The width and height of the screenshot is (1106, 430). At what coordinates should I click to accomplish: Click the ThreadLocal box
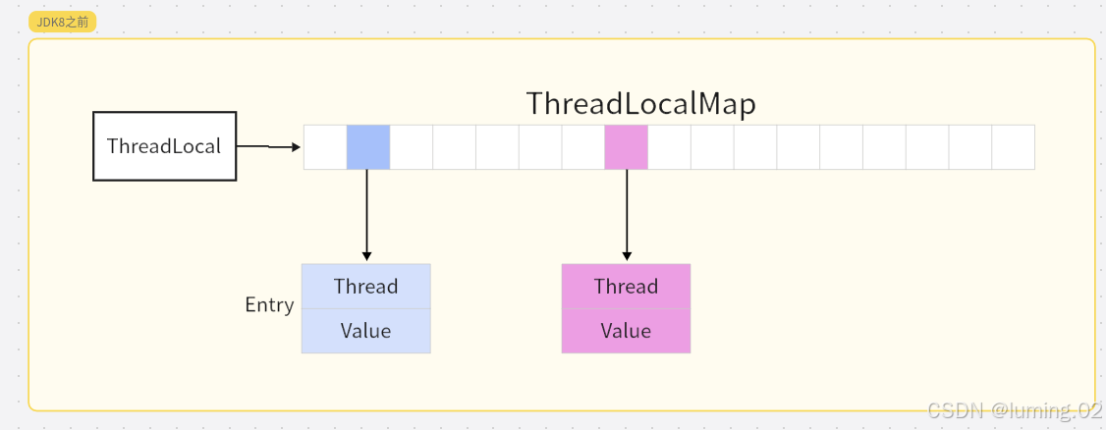point(164,146)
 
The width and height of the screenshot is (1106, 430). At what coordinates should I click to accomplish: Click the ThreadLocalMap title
point(641,104)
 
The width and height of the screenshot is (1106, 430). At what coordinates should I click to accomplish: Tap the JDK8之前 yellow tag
point(62,22)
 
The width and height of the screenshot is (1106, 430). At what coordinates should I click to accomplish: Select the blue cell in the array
point(368,147)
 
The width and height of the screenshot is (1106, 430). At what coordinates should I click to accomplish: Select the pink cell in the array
point(627,147)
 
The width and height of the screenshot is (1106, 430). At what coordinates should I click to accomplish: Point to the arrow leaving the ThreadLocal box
point(269,146)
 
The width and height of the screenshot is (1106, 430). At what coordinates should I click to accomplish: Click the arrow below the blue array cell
point(366,215)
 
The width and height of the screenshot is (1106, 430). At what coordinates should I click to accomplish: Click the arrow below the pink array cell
point(627,215)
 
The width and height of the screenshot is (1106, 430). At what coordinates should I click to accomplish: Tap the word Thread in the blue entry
point(366,287)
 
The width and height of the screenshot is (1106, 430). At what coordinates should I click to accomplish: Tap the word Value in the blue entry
point(366,331)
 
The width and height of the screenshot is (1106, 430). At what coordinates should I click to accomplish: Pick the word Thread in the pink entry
point(627,287)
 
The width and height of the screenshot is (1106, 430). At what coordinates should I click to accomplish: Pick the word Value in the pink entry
point(627,331)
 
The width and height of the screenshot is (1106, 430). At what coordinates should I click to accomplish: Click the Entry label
point(269,305)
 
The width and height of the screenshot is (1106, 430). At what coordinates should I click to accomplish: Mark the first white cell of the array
point(325,147)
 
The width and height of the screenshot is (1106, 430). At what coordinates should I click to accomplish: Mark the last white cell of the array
point(1014,147)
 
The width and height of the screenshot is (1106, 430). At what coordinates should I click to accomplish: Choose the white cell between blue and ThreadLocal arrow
point(325,147)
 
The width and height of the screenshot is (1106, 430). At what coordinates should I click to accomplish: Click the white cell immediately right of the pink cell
point(669,147)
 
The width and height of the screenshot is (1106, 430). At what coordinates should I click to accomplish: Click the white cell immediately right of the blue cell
point(412,147)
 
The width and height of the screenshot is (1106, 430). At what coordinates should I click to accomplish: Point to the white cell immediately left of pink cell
point(583,147)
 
